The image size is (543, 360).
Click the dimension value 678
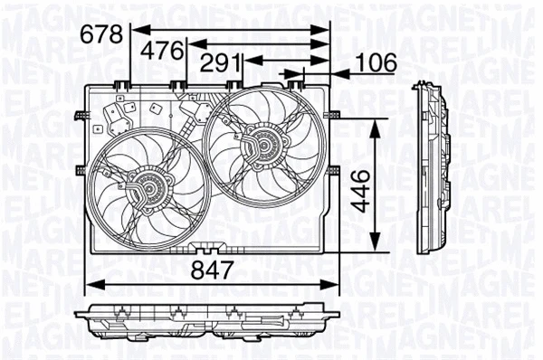[x=102, y=33]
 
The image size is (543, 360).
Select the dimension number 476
[x=164, y=49]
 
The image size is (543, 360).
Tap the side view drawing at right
[x=433, y=171]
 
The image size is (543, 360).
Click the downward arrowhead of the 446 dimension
[x=376, y=246]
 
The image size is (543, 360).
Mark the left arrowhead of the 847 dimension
[x=89, y=284]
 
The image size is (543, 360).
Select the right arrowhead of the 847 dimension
[x=331, y=284]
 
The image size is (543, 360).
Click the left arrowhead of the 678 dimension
[x=136, y=29]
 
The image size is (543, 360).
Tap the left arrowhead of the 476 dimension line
[x=193, y=43]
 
